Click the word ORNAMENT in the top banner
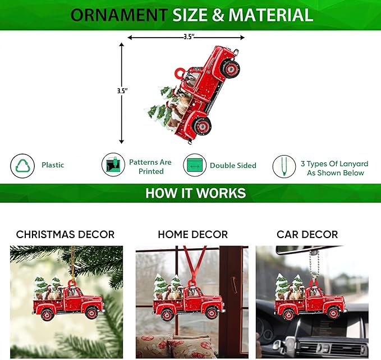click(x=119, y=15)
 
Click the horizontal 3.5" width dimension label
click(x=189, y=37)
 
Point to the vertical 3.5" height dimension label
click(x=122, y=91)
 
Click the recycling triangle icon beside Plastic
click(x=22, y=166)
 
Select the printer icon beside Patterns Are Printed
click(x=113, y=165)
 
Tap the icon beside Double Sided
click(x=195, y=165)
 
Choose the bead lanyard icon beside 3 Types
click(x=284, y=167)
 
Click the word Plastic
click(x=53, y=165)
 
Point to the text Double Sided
click(x=233, y=166)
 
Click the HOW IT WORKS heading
click(x=196, y=193)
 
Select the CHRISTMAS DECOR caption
click(x=65, y=235)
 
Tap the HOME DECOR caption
click(x=193, y=235)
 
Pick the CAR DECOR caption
click(x=307, y=235)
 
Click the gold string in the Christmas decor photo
click(x=72, y=264)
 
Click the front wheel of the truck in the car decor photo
click(x=333, y=313)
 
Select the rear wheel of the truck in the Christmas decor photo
click(x=47, y=315)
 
